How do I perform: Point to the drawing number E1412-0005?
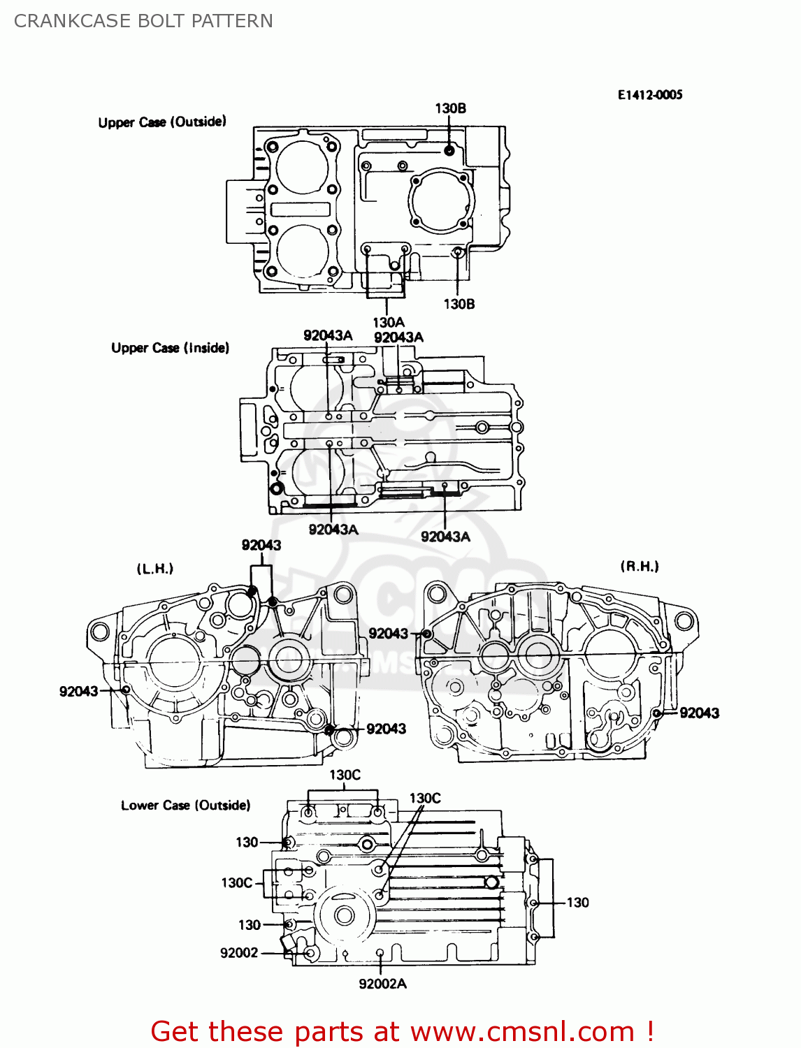tap(649, 95)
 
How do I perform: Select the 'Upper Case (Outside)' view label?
tap(162, 122)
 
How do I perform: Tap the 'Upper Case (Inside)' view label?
tap(170, 348)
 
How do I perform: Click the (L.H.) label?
tap(154, 569)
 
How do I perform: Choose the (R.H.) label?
tap(640, 567)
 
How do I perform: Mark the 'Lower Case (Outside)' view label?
tap(185, 806)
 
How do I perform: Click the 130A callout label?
tap(388, 322)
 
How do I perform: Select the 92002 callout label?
tap(239, 953)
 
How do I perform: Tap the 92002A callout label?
tap(382, 984)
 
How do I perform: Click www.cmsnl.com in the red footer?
tap(522, 1032)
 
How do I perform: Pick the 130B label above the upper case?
tap(450, 108)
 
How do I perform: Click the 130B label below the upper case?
tap(459, 304)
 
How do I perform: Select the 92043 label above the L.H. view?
tap(261, 545)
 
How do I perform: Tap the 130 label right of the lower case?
tap(577, 903)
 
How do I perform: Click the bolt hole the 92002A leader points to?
tap(380, 953)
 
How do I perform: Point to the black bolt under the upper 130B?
tap(450, 150)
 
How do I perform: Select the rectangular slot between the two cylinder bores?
tap(301, 209)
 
